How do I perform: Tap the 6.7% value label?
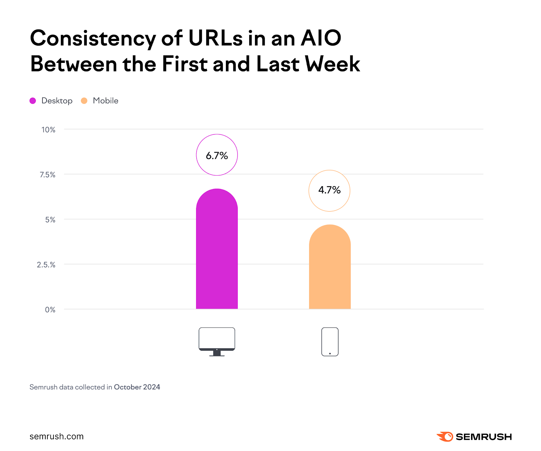pos(217,156)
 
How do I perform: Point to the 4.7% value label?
pos(329,190)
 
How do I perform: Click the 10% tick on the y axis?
pos(48,130)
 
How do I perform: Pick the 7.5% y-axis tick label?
pos(48,175)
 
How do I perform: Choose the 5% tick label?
pos(50,220)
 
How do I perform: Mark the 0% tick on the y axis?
pos(50,310)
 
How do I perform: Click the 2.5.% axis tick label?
pos(46,265)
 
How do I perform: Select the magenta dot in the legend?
pos(33,101)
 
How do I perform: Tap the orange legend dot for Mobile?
pos(84,101)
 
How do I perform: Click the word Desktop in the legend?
pos(57,101)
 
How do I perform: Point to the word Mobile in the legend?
pos(105,101)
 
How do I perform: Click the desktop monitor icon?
pos(217,341)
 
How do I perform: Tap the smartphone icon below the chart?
pos(330,341)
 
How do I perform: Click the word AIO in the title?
pos(321,38)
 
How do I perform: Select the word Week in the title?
pos(332,64)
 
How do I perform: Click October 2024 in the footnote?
pos(137,387)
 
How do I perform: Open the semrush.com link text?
pos(56,436)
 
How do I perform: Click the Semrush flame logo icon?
pos(445,436)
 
